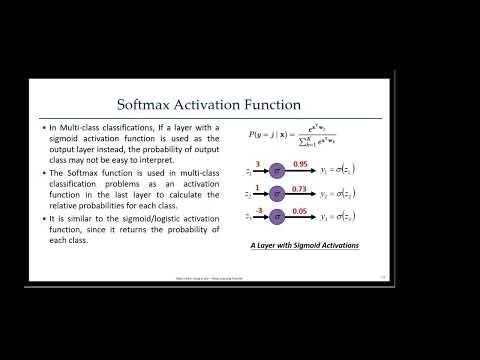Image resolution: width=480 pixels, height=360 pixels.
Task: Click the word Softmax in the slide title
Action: (x=151, y=103)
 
